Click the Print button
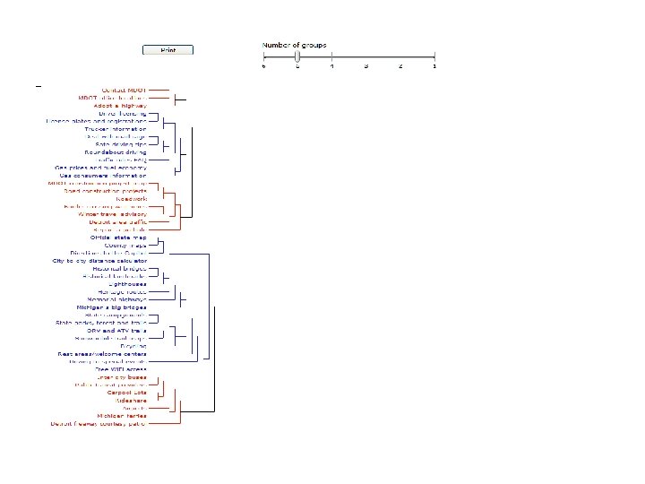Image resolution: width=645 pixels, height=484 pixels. [168, 50]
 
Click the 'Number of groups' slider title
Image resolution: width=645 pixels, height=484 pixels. [294, 45]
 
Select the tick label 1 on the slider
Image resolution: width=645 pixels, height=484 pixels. [434, 66]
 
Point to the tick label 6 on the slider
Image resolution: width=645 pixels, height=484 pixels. [263, 66]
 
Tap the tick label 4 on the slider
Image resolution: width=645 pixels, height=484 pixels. [331, 66]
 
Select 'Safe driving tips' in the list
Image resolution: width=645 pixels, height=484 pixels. [121, 144]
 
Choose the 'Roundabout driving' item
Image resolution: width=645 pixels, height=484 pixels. [116, 152]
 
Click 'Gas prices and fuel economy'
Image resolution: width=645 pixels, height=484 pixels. [101, 168]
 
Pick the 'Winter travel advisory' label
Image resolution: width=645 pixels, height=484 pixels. [112, 214]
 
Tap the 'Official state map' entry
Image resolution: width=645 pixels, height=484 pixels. [118, 238]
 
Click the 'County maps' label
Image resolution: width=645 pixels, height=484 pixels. [125, 246]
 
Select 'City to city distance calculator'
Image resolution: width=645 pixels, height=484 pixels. [99, 261]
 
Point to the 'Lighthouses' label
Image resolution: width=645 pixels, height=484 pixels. [127, 284]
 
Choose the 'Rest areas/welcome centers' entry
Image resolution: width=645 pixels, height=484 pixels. [102, 354]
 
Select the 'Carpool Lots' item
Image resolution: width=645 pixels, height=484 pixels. [127, 393]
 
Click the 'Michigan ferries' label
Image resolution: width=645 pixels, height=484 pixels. [122, 416]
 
